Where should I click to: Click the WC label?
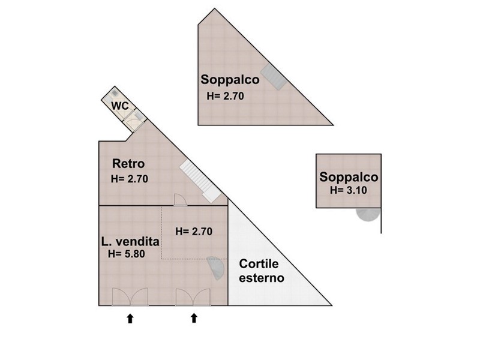(120, 106)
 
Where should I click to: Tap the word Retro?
(128, 164)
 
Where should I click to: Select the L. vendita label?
(130, 242)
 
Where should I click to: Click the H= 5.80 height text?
(127, 254)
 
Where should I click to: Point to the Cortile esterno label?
(262, 271)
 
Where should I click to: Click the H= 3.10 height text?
(349, 190)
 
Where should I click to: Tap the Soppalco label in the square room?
(349, 177)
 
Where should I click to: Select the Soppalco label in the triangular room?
(230, 80)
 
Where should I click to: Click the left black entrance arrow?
(130, 319)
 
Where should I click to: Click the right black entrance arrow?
(194, 318)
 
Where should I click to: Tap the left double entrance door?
(130, 297)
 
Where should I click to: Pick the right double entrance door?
(193, 297)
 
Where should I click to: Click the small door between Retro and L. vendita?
(180, 200)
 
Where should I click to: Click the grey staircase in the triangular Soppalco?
(274, 77)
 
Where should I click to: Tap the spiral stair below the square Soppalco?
(368, 214)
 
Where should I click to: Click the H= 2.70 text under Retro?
(130, 178)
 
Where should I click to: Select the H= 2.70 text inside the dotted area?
(194, 232)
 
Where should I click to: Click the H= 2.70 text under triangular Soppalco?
(226, 96)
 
